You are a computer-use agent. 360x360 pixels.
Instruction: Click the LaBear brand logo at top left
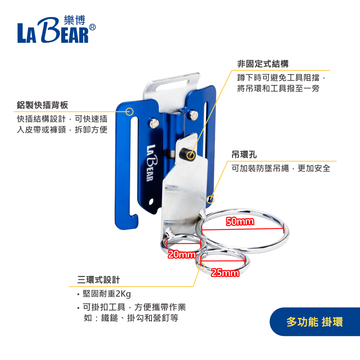tap(57, 29)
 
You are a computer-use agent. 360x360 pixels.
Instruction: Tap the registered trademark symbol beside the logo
tap(92, 27)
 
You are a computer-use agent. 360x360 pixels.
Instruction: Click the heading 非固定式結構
tap(263, 64)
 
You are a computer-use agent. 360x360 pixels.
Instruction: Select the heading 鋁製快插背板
tap(42, 105)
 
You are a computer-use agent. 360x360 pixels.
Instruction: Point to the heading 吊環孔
tap(244, 155)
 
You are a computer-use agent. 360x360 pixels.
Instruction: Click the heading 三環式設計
tap(99, 280)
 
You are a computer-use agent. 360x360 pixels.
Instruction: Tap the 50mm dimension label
tap(240, 221)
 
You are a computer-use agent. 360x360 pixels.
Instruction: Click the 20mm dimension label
tap(182, 255)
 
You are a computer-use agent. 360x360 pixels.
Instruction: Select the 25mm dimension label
tap(225, 273)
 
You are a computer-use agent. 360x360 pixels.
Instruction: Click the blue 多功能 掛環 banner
tap(315, 322)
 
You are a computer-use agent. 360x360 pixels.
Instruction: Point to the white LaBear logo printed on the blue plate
tap(152, 163)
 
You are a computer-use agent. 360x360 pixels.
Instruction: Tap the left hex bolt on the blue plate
tap(154, 123)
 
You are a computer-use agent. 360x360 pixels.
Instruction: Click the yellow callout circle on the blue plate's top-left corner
tap(130, 112)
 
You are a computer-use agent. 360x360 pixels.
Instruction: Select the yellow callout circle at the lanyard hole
tap(210, 199)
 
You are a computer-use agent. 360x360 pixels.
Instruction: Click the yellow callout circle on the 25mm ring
tap(201, 266)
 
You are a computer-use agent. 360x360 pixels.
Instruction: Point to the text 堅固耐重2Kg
tap(107, 294)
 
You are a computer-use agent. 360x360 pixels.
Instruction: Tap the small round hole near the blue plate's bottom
tap(151, 202)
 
